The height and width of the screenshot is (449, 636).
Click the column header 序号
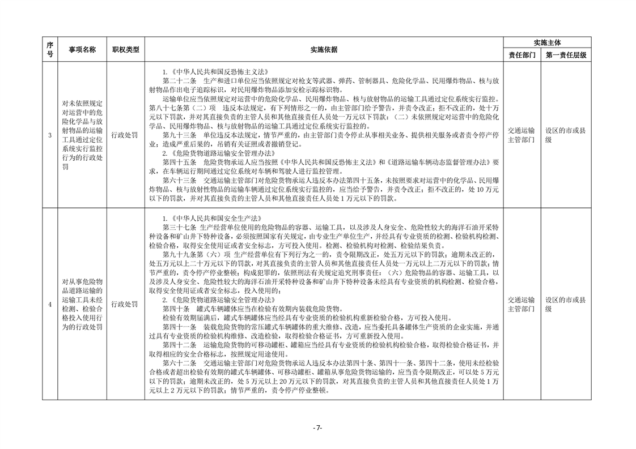[x=50, y=50]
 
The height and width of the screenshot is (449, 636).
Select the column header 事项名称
[x=82, y=50]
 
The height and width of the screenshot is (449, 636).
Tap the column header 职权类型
[x=125, y=50]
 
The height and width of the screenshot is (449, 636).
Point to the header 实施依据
[x=324, y=50]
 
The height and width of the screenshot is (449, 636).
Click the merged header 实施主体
[x=547, y=42]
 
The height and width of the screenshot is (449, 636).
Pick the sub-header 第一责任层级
[x=566, y=55]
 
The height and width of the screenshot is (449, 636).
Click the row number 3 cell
[x=50, y=135]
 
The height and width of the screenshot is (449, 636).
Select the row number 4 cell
[x=50, y=304]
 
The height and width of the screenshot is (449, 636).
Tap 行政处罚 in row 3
[x=125, y=135]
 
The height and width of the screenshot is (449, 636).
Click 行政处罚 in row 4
[x=125, y=304]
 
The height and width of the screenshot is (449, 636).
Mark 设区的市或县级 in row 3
[x=566, y=135]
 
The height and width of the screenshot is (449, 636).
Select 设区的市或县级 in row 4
[x=566, y=304]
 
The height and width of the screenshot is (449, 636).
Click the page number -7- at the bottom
[x=318, y=429]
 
